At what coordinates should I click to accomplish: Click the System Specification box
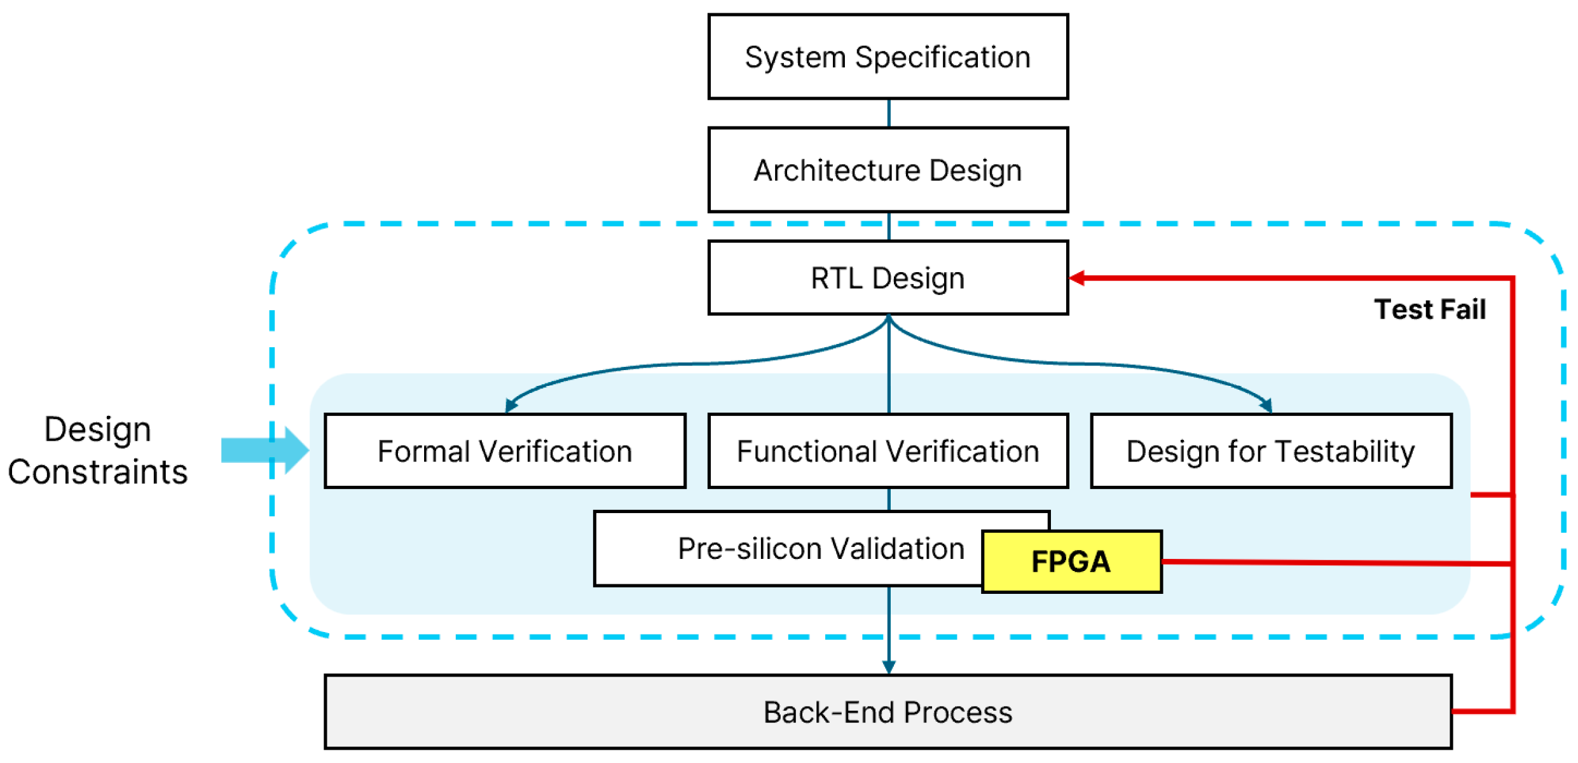pyautogui.click(x=888, y=57)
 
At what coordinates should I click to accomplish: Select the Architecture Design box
pyautogui.click(x=888, y=170)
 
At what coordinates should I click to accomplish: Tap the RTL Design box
pyautogui.click(x=888, y=278)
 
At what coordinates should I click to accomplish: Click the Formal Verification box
pyautogui.click(x=505, y=451)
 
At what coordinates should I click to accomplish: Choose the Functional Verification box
pyautogui.click(x=888, y=451)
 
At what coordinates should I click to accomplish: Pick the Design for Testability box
pyautogui.click(x=1270, y=451)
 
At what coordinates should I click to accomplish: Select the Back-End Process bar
pyautogui.click(x=888, y=712)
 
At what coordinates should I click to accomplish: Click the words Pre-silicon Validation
pyautogui.click(x=820, y=549)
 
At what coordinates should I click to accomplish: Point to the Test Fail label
pyautogui.click(x=1429, y=310)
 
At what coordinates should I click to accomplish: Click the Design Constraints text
pyautogui.click(x=97, y=450)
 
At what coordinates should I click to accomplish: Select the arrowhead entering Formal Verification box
pyautogui.click(x=510, y=406)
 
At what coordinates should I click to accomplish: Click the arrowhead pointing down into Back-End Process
pyautogui.click(x=889, y=666)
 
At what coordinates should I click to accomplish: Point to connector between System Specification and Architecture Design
pyautogui.click(x=889, y=113)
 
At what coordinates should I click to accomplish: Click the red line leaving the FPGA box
pyautogui.click(x=1335, y=563)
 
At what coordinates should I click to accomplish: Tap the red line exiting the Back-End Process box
pyautogui.click(x=1481, y=711)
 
